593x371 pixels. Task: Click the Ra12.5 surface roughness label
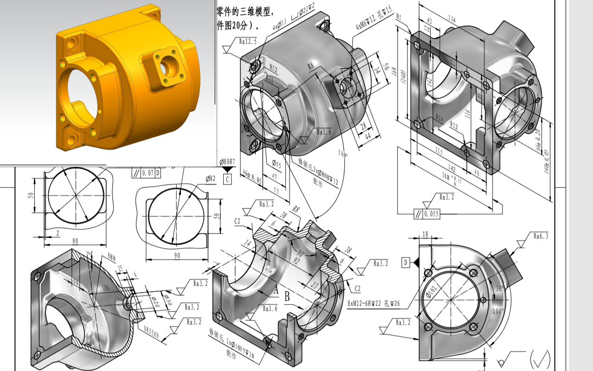[248, 41]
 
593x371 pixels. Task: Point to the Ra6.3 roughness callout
[541, 236]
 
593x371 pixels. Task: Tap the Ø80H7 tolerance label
[227, 162]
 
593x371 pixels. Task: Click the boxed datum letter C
[227, 179]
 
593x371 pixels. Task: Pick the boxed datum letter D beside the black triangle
[406, 263]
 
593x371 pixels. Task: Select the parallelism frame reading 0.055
[426, 214]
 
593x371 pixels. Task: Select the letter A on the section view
[275, 291]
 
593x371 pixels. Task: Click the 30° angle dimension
[499, 288]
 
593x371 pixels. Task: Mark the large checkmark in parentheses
[540, 358]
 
